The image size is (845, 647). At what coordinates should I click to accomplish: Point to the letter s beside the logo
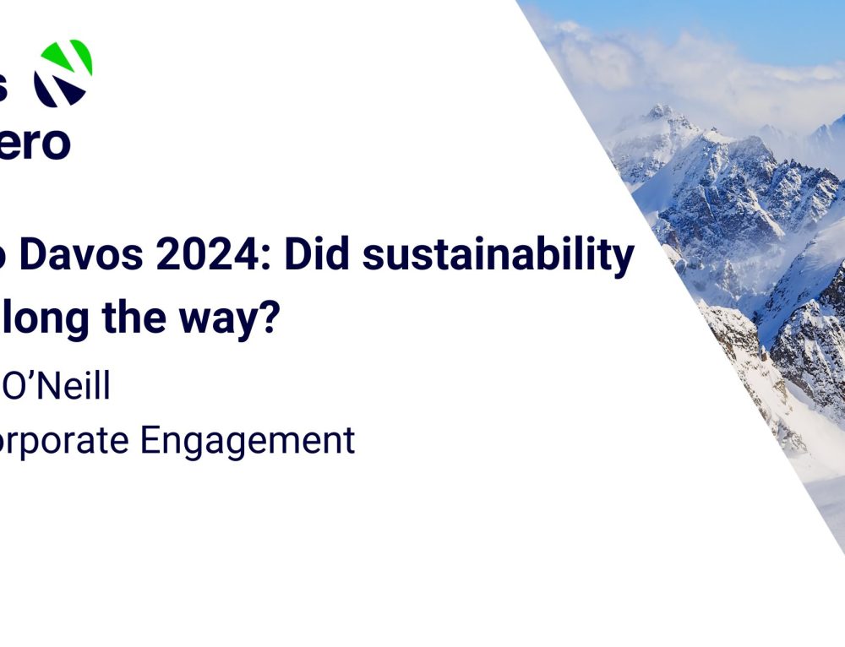pyautogui.click(x=5, y=87)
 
